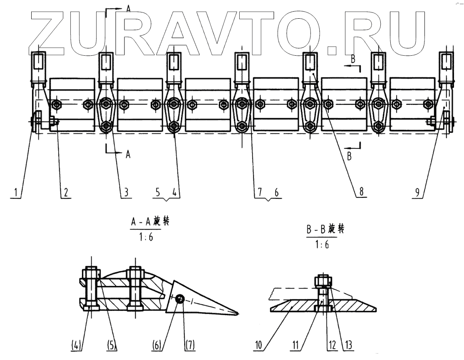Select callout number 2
(66, 193)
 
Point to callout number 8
(360, 193)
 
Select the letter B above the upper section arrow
(352, 60)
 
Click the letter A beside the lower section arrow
(128, 154)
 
